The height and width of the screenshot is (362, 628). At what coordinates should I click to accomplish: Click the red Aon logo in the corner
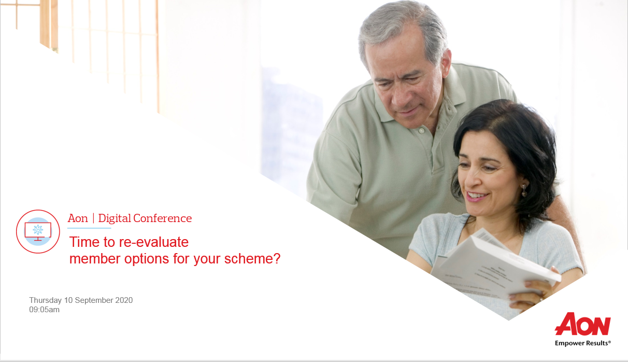tap(582, 324)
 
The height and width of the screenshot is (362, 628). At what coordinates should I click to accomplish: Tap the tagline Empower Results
tap(582, 343)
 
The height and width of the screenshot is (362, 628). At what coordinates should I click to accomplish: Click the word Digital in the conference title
tap(115, 219)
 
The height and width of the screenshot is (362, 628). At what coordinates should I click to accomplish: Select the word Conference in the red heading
tap(163, 218)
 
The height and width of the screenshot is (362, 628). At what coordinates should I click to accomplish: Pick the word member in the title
tap(95, 258)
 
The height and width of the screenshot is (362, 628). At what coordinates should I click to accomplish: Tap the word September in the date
tap(94, 300)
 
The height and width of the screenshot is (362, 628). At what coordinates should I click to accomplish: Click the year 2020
tap(124, 300)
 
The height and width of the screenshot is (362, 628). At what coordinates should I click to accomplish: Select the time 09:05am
tap(44, 310)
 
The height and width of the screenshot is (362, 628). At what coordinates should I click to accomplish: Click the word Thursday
tap(46, 300)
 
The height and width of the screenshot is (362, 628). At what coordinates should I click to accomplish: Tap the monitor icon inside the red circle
tap(38, 231)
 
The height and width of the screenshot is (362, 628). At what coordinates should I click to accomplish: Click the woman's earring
tap(524, 190)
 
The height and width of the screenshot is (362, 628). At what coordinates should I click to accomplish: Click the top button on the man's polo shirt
tap(421, 131)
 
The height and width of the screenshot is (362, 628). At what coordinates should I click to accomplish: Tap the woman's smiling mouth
tap(477, 196)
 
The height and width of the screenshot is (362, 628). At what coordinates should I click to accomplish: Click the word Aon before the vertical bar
tap(78, 219)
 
